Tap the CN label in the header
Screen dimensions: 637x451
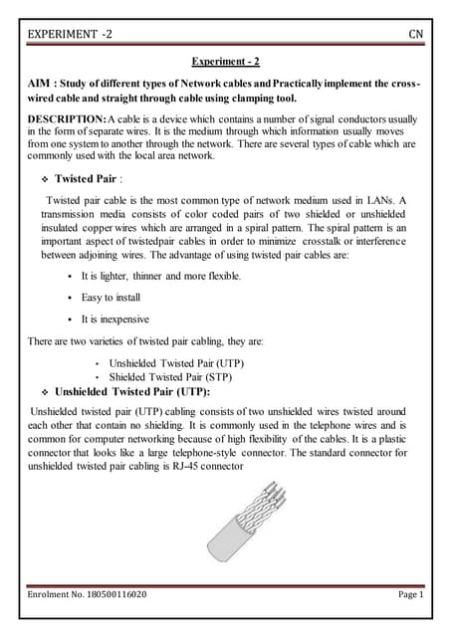(x=416, y=35)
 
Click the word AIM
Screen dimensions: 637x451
(x=41, y=84)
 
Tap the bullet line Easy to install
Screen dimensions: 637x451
(x=110, y=298)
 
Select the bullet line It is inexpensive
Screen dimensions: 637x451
(x=114, y=319)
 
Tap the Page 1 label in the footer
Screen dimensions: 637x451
(x=411, y=595)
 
